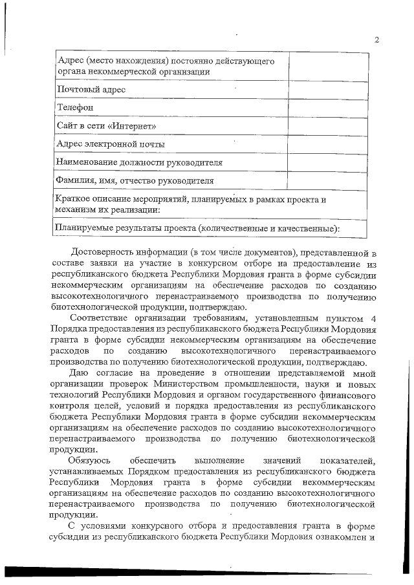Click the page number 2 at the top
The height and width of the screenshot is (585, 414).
[376, 40]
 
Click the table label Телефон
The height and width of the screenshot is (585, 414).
[76, 107]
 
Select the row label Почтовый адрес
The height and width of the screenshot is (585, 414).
[91, 89]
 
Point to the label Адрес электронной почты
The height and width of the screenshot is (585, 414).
[110, 144]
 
